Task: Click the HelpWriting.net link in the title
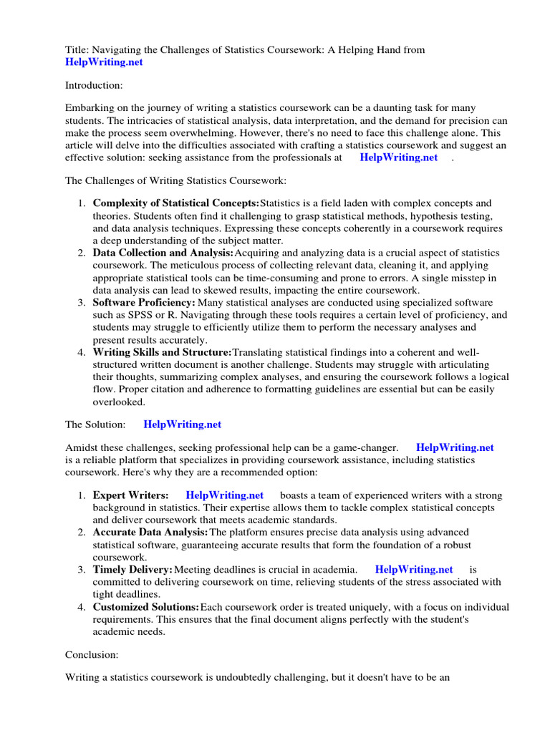104,62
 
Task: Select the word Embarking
90,108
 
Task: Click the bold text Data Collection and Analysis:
163,253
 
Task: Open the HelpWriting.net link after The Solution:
183,424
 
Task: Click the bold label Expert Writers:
131,495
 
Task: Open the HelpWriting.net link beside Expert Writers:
224,495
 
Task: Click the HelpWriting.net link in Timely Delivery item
414,569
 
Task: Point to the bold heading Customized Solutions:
146,607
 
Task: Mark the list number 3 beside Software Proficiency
82,303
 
